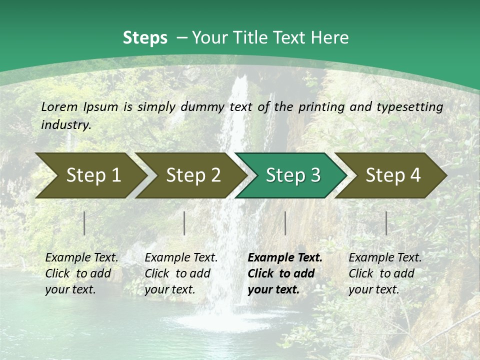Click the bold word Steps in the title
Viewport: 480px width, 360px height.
[x=145, y=38]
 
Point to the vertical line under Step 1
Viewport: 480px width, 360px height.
[x=84, y=223]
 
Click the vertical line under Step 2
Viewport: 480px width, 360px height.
[x=184, y=223]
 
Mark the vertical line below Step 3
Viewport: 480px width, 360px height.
[x=285, y=223]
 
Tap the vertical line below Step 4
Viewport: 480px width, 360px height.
[x=386, y=223]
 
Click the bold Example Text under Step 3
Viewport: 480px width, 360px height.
[x=285, y=258]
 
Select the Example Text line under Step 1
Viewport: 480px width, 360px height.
[x=81, y=258]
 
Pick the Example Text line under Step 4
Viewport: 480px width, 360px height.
[x=385, y=258]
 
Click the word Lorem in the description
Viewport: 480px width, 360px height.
[x=59, y=107]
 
